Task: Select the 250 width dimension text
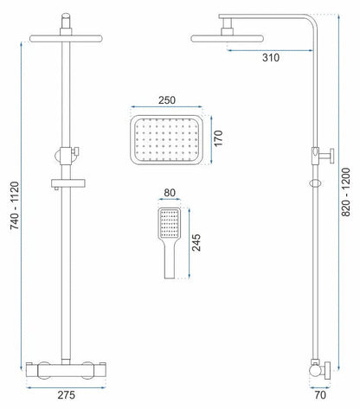(x=168, y=100)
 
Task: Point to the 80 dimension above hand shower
(x=170, y=195)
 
